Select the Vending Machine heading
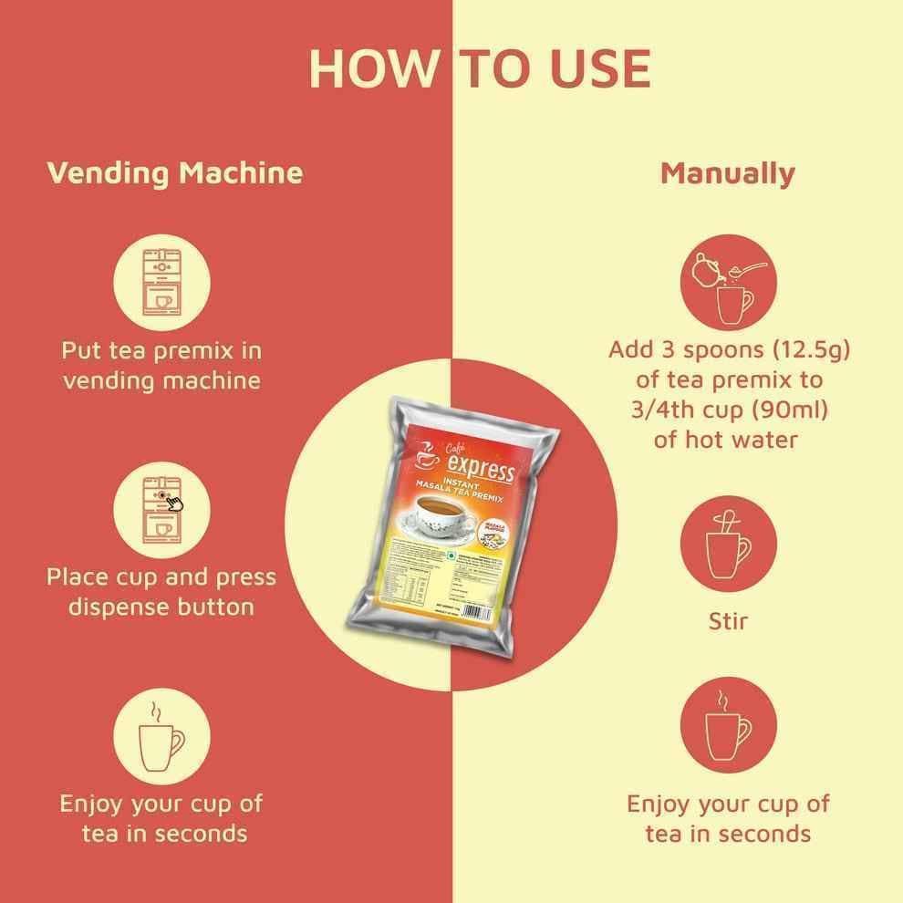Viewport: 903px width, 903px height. click(174, 172)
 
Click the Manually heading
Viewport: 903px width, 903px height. click(727, 172)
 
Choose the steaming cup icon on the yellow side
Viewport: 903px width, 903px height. click(728, 725)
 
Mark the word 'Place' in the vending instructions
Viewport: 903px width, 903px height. click(80, 577)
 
